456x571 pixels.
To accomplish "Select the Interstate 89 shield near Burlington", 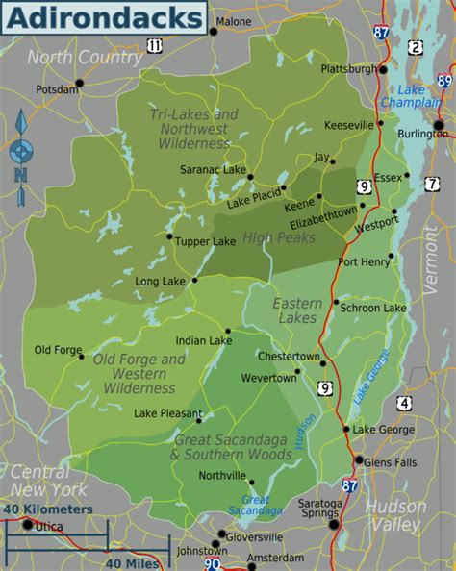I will tap(444, 83).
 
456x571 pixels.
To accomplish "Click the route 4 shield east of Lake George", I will tap(403, 402).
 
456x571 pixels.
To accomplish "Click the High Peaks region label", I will tap(272, 236).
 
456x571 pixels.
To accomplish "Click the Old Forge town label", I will tap(58, 350).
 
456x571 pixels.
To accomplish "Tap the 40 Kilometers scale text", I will tap(48, 509).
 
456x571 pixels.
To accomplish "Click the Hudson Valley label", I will tap(395, 515).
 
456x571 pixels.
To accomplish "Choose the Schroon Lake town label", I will tap(376, 308).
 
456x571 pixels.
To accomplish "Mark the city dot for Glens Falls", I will tap(358, 460).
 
